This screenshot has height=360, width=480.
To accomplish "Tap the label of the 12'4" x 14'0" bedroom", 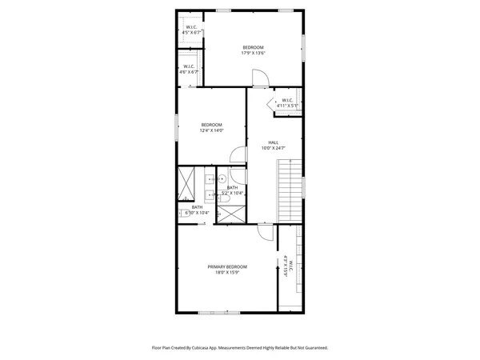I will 211,127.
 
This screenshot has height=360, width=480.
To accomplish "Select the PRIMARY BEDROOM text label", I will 227,270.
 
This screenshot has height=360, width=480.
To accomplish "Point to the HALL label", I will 273,145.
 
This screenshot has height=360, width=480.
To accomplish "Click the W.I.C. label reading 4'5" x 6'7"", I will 192,30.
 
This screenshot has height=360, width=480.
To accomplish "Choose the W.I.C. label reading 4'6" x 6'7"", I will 189,69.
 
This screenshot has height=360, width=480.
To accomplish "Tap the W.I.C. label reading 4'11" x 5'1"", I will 287,103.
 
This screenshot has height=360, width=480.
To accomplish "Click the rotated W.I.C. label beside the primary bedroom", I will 289,265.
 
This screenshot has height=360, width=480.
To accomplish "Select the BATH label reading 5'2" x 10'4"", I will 232,190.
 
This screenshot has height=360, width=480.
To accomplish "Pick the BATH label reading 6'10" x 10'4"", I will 197,210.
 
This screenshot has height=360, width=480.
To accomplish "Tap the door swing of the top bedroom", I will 260,78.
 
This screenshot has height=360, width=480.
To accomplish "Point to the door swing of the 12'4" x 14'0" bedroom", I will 237,157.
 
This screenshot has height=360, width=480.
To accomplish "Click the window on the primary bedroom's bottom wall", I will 214,311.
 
